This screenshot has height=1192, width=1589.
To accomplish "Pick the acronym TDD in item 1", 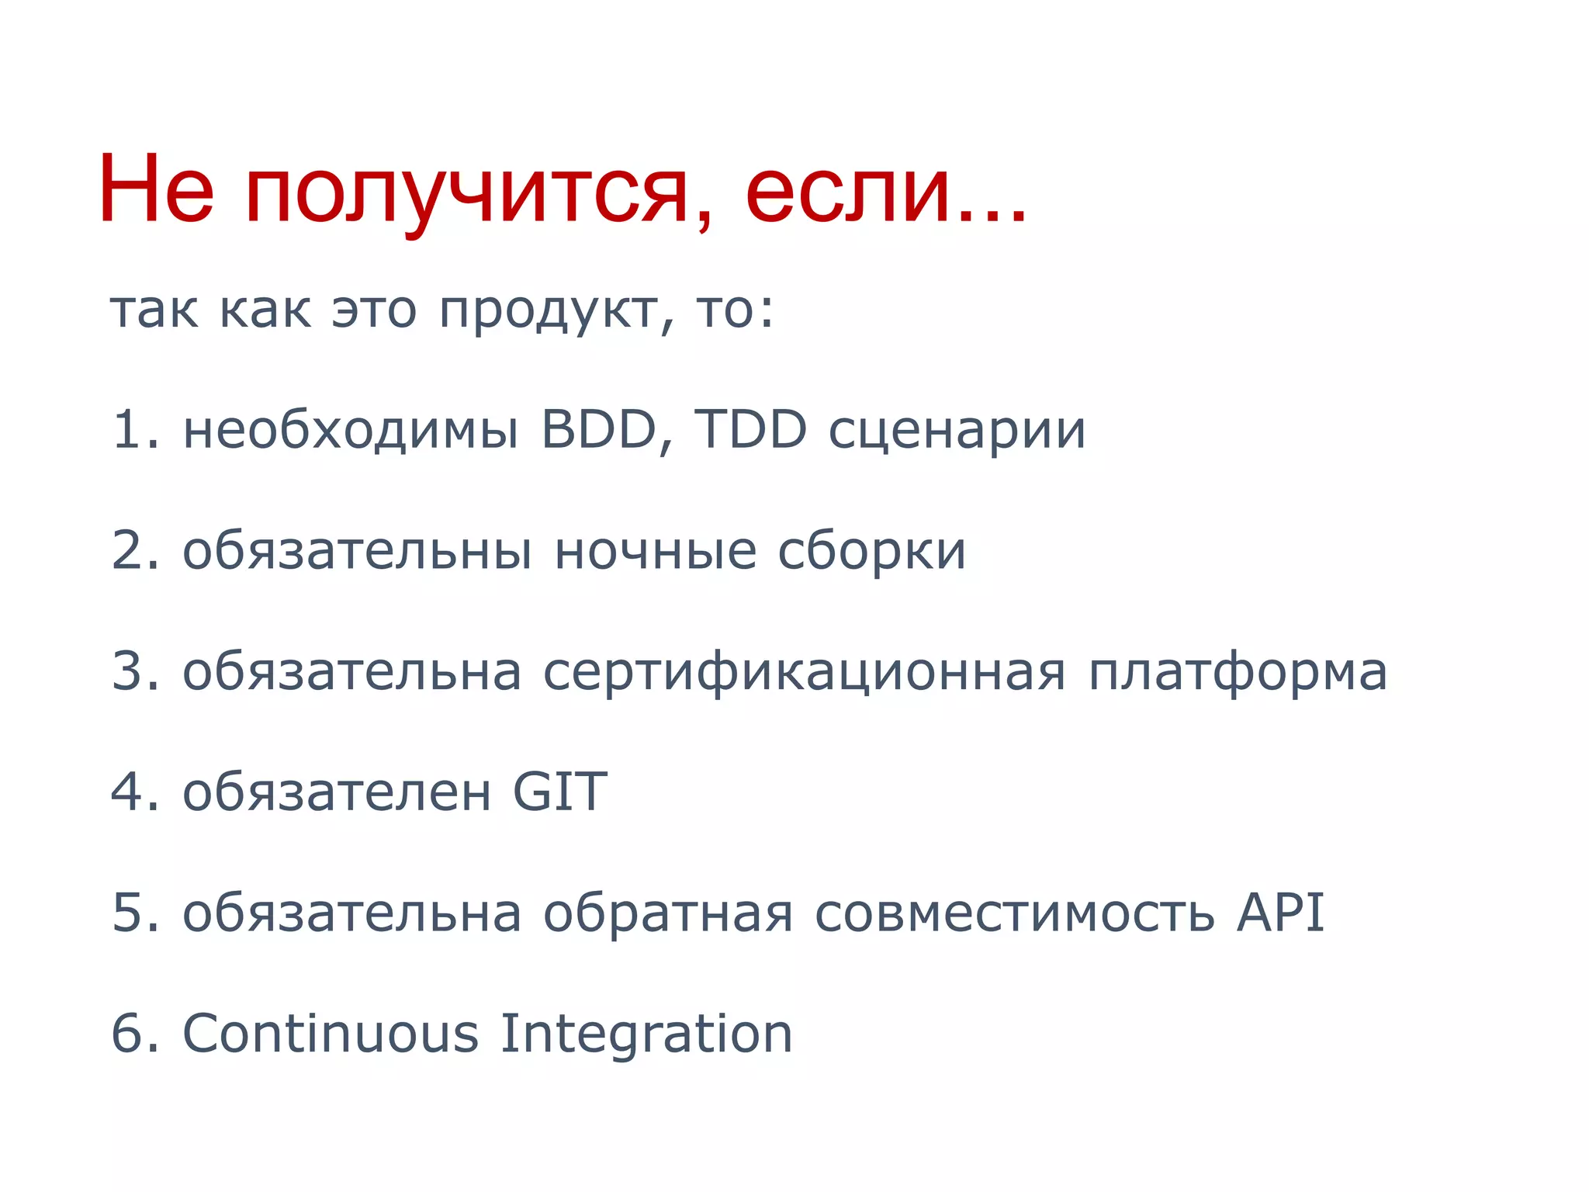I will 750,430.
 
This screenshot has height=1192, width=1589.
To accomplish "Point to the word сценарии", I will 957,431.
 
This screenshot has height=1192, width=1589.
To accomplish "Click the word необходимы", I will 350,431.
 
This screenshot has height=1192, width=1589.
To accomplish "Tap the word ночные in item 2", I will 656,552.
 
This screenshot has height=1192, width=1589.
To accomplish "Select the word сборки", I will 871,552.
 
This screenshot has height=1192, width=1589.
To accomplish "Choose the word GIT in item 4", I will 559,792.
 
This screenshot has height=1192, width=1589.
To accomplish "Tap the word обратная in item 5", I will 667,913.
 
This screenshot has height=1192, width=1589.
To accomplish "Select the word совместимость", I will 1014,913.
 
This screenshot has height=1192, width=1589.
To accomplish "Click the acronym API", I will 1280,912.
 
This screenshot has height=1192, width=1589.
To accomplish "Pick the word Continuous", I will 331,1034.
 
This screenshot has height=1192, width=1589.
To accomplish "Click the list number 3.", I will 126,672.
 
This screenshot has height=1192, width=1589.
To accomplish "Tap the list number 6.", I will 126,1034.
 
